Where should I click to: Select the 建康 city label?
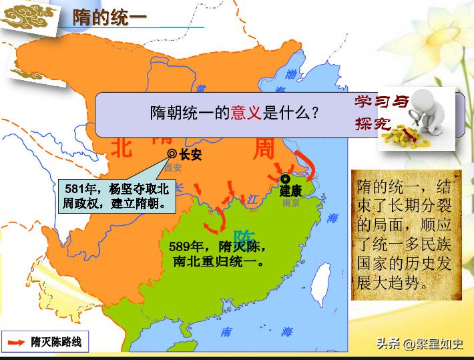[x=291, y=191]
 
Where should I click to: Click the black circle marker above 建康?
[x=286, y=178]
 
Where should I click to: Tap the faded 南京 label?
[x=291, y=203]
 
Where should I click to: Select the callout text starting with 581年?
[x=116, y=194]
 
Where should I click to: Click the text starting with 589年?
[x=218, y=254]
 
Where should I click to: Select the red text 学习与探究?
[x=376, y=113]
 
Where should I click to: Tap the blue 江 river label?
[x=252, y=198]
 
